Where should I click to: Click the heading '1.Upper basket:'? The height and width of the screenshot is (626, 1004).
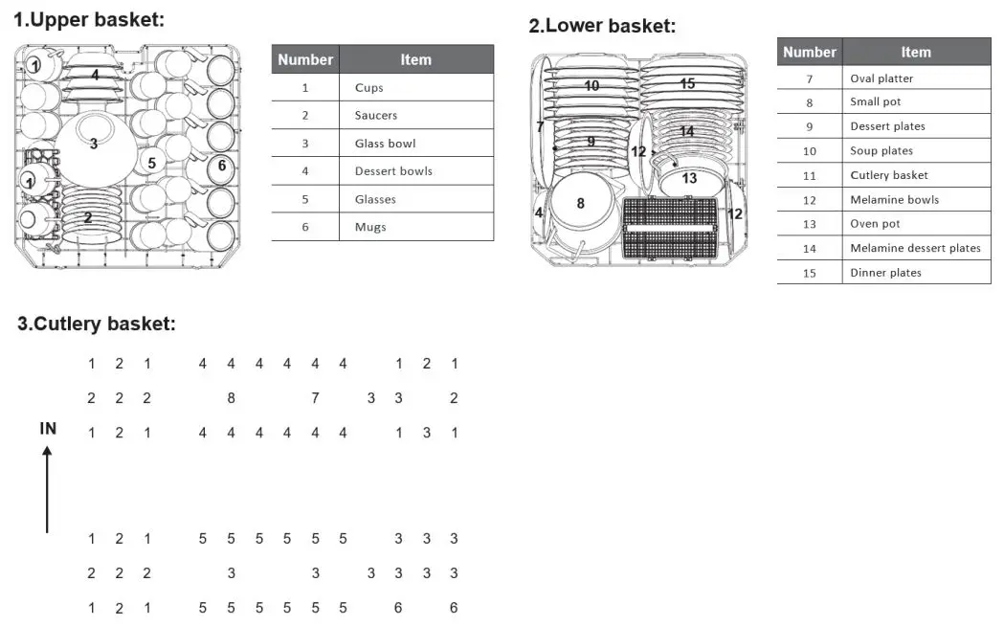(89, 20)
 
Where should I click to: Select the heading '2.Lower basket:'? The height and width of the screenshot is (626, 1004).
(602, 26)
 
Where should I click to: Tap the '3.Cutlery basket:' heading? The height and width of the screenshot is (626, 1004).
(97, 324)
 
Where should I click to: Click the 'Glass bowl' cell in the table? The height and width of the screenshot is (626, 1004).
(385, 144)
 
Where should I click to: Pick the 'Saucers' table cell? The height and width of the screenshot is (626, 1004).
(375, 115)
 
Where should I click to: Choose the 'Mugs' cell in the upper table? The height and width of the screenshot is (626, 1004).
(369, 227)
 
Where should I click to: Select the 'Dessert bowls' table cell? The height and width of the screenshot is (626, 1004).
(393, 171)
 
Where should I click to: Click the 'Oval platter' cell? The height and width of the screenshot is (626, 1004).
(881, 78)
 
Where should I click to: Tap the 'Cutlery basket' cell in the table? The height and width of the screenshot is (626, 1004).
(889, 175)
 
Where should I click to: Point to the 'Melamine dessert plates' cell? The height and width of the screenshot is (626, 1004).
(915, 248)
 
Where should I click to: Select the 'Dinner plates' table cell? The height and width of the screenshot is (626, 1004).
(885, 273)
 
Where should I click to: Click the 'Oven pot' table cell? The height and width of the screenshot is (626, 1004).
(875, 224)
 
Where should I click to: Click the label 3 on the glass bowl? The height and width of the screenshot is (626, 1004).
(94, 145)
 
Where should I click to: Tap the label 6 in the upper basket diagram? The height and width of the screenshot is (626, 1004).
(222, 166)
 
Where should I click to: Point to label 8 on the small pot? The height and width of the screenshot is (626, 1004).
(580, 203)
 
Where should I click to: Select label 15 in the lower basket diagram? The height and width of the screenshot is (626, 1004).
(687, 83)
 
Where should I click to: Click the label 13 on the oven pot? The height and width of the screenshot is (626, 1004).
(689, 178)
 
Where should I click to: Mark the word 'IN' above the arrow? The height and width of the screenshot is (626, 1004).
(48, 429)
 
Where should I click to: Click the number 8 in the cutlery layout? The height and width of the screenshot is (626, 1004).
(231, 398)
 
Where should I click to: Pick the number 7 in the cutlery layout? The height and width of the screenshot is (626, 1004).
(315, 398)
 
